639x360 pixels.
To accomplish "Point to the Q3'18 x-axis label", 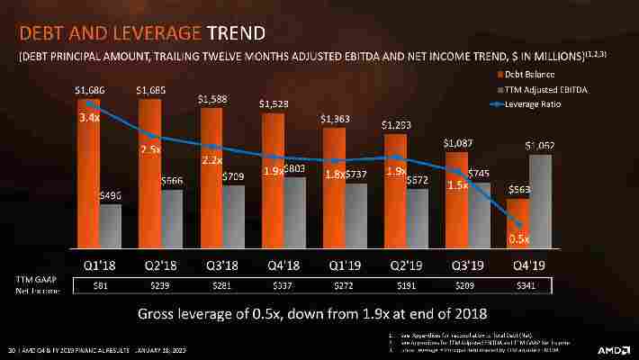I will [x=221, y=265].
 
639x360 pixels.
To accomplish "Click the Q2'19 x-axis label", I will [x=404, y=265].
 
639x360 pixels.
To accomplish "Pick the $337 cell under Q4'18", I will [x=283, y=285].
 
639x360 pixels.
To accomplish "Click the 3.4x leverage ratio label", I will [x=89, y=118].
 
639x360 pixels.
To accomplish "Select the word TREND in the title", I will [x=236, y=34].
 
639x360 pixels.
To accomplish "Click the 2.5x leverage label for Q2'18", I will [x=151, y=148].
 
